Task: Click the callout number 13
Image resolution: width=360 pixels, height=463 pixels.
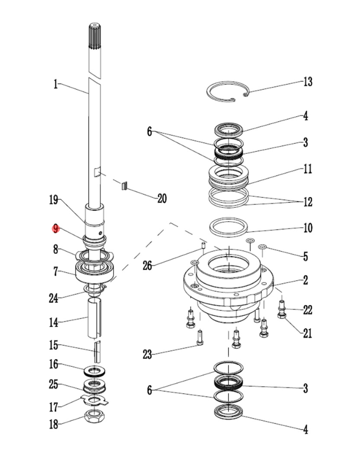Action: (x=308, y=82)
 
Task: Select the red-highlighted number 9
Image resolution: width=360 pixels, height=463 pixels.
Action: (x=56, y=228)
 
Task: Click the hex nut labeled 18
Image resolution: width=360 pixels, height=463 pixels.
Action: (x=95, y=417)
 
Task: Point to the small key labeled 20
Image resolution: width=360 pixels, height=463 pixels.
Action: (x=124, y=186)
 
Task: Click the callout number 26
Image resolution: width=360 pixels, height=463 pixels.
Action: (x=148, y=265)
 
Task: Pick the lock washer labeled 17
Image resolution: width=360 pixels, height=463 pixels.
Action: (x=94, y=400)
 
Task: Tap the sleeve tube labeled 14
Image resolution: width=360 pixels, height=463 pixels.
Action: (x=95, y=318)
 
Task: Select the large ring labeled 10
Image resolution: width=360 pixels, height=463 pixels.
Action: (x=228, y=227)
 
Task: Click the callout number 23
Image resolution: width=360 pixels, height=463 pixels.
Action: (x=147, y=354)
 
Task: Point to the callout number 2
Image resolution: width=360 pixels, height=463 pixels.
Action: (x=305, y=280)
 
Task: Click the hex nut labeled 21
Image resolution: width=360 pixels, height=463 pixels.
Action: (x=281, y=316)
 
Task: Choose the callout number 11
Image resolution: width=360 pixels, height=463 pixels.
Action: (x=308, y=169)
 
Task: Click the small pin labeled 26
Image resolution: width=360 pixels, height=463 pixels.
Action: (x=203, y=245)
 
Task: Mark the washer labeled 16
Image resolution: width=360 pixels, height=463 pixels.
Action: (x=95, y=370)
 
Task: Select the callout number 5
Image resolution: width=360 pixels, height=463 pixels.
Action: (x=305, y=256)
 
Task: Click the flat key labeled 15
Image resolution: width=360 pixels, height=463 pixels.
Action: (x=97, y=352)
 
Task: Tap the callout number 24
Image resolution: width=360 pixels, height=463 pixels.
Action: (x=53, y=298)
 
